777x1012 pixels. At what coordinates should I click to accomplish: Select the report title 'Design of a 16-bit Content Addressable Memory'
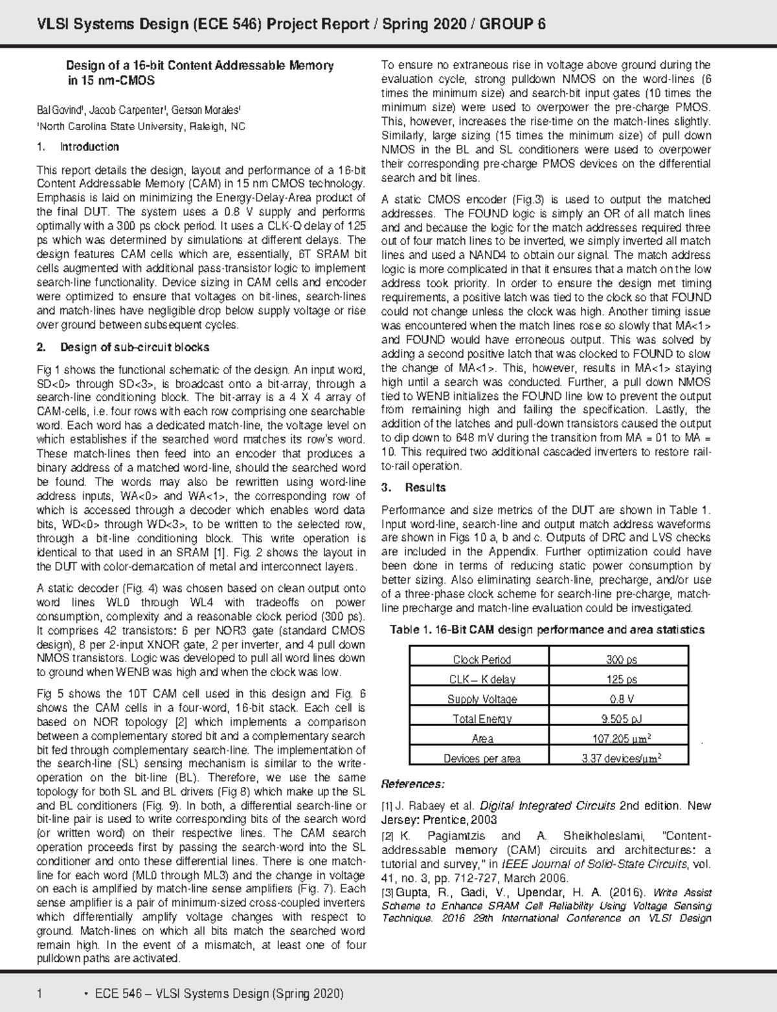click(x=201, y=65)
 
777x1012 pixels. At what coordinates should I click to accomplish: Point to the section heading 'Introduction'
click(x=89, y=147)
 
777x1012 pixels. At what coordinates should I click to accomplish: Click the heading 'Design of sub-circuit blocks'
click(x=135, y=347)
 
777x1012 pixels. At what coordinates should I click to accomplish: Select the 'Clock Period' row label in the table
click(x=481, y=659)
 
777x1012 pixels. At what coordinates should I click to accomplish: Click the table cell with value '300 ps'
click(x=621, y=659)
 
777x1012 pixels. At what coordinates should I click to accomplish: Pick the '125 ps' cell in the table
click(x=621, y=679)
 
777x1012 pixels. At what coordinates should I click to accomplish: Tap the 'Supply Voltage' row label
click(x=481, y=699)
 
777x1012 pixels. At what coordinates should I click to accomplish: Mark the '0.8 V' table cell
click(x=621, y=699)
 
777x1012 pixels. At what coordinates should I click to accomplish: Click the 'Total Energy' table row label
click(x=481, y=719)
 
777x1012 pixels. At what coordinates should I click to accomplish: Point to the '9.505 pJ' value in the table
click(x=621, y=719)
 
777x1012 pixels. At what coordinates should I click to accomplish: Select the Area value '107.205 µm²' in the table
click(x=621, y=739)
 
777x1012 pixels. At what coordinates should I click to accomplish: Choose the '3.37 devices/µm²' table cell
click(x=621, y=758)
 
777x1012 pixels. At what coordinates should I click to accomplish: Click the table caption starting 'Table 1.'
click(x=546, y=630)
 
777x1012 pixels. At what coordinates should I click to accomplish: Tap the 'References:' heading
click(x=412, y=784)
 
